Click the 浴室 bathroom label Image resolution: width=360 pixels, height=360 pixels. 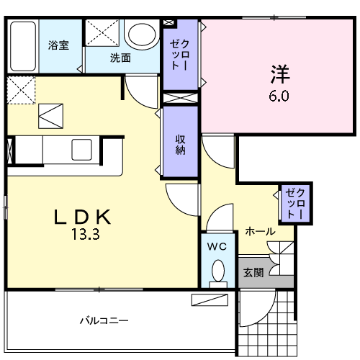click(58, 45)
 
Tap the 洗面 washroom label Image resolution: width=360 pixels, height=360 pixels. click(120, 58)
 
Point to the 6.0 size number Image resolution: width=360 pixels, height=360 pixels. click(279, 96)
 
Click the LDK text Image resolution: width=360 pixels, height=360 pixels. click(84, 216)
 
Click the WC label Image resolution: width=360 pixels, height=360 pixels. click(217, 246)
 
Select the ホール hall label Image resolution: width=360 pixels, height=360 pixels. click(259, 231)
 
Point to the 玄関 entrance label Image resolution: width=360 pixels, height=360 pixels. click(253, 272)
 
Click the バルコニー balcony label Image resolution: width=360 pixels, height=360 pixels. click(104, 319)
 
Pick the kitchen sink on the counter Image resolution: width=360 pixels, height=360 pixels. click(81, 150)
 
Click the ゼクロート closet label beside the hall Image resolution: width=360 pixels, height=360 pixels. click(294, 204)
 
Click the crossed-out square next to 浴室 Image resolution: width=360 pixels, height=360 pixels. click(102, 33)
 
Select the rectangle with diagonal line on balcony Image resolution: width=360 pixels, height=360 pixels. click(210, 300)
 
